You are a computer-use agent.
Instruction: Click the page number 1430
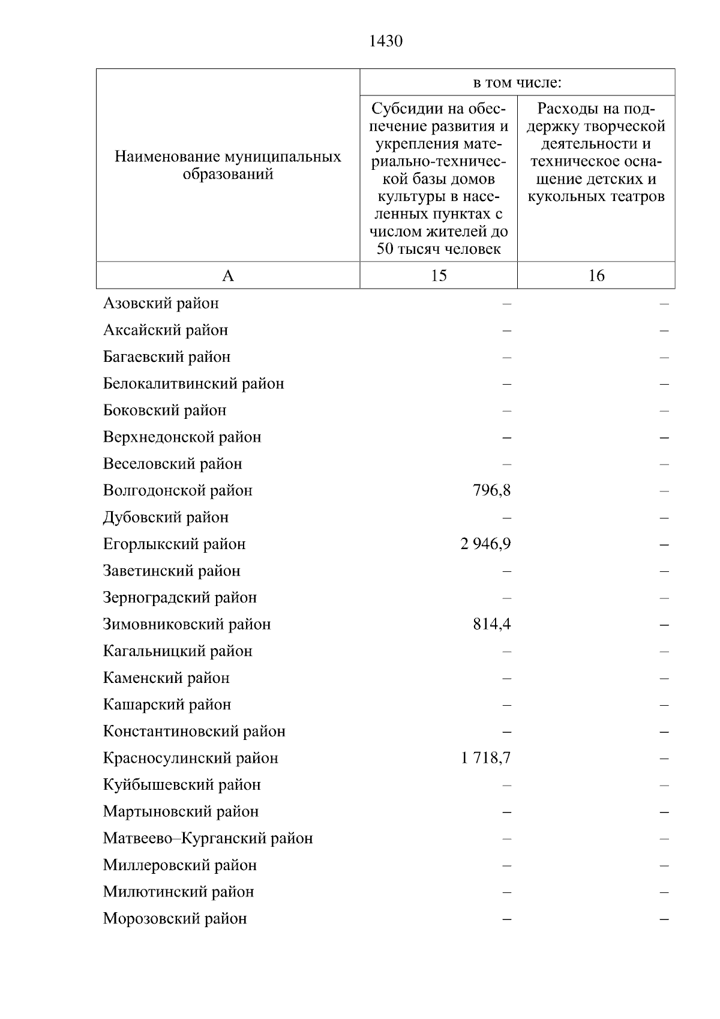click(385, 41)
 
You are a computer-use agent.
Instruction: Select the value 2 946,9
click(485, 544)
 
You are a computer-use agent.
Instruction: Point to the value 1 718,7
click(485, 758)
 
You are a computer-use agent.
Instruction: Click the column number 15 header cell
click(439, 275)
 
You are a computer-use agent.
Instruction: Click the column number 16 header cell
click(596, 275)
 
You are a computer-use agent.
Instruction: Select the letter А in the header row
click(228, 275)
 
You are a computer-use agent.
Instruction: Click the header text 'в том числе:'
click(517, 83)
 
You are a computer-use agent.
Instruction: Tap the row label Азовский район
click(161, 304)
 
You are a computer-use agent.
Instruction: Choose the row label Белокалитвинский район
click(193, 383)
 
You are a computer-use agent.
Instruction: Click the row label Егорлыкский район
click(174, 544)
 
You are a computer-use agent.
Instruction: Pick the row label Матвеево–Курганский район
click(208, 838)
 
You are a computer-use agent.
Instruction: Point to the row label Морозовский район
click(175, 919)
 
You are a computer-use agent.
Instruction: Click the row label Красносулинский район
click(190, 758)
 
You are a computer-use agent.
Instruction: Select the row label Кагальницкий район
click(178, 651)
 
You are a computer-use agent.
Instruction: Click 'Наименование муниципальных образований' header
click(228, 166)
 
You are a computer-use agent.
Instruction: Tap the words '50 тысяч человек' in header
click(439, 249)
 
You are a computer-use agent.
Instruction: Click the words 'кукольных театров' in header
click(596, 197)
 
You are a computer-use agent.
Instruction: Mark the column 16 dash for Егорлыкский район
click(664, 545)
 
